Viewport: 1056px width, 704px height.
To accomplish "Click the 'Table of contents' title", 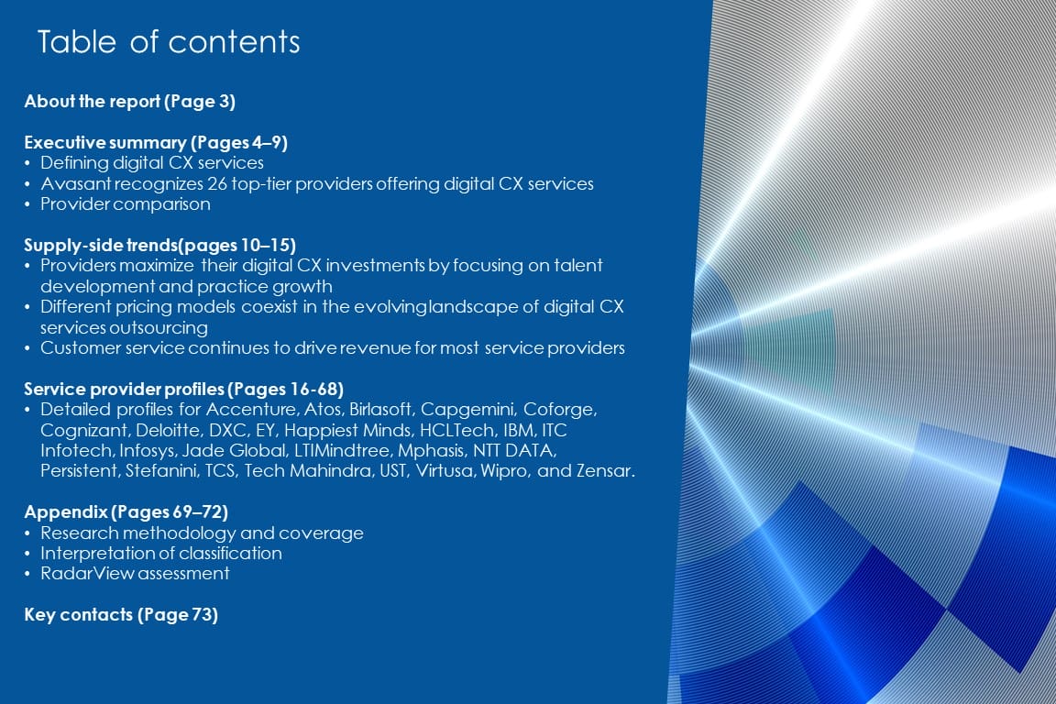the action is click(169, 42).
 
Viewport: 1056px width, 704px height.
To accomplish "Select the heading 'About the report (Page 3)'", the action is click(130, 102).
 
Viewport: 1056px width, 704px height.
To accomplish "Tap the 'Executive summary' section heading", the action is click(156, 143).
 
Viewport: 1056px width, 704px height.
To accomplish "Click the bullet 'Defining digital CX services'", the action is click(152, 163).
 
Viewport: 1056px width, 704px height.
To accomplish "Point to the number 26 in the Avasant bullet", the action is click(217, 184).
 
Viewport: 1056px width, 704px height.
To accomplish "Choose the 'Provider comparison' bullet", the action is click(126, 204).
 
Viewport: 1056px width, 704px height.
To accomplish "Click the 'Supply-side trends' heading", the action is click(160, 246).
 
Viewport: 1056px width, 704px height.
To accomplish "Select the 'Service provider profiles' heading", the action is click(184, 390).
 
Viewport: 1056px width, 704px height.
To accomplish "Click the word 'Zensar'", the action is click(604, 471).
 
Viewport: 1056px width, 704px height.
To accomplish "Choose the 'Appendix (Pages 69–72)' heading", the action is click(126, 512).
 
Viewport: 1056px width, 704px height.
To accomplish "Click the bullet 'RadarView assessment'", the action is click(135, 574).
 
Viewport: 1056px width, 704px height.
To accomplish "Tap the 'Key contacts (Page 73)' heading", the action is click(121, 615).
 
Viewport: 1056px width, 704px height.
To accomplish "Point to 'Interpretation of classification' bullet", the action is click(161, 554).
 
